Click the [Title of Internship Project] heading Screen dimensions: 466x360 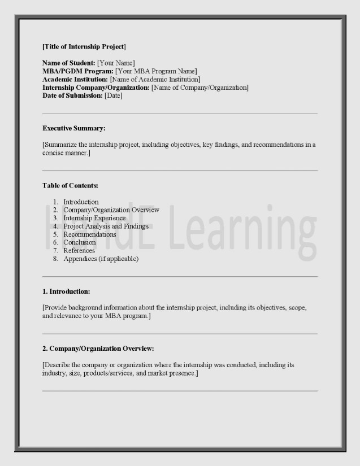[84, 46]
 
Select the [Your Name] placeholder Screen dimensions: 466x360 [116, 63]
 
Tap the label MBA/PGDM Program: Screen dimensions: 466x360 [78, 71]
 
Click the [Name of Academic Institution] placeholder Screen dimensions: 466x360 [155, 79]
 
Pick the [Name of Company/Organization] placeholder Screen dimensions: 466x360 [199, 88]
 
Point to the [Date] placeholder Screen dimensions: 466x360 [114, 95]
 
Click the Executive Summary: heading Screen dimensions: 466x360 [74, 128]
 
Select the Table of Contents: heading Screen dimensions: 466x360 [71, 185]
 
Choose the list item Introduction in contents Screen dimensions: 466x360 [81, 202]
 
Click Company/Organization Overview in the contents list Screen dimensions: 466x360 [111, 210]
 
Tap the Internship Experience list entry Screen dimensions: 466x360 [94, 218]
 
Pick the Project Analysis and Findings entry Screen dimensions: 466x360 [106, 226]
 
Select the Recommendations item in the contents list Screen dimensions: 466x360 [90, 234]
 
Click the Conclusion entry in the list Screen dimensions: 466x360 [80, 242]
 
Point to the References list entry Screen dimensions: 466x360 [79, 251]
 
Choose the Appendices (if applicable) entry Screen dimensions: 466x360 [101, 259]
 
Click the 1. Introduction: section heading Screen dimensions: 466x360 [66, 291]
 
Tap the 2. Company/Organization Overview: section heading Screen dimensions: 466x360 [98, 349]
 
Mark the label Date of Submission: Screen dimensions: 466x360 [72, 95]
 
